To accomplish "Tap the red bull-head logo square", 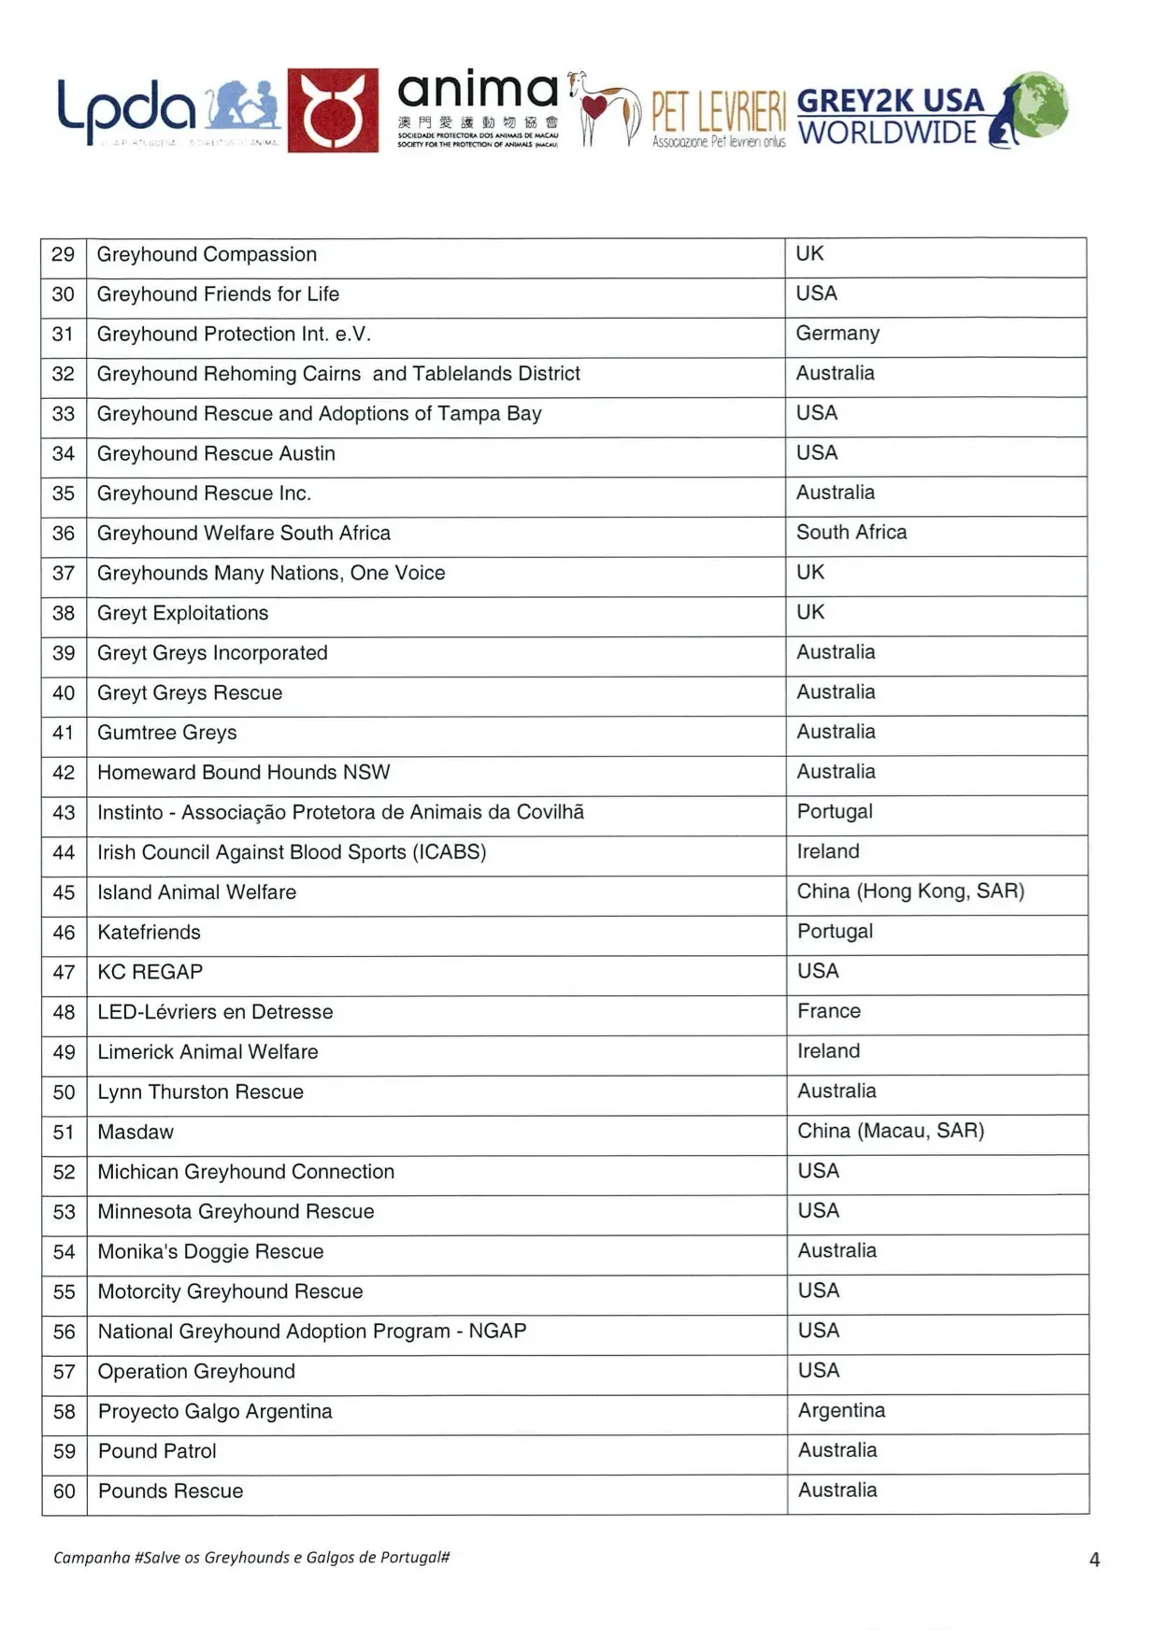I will click(x=333, y=110).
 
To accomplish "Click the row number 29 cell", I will click(x=64, y=254).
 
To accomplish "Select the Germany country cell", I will click(x=837, y=334).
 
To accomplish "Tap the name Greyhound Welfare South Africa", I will click(x=244, y=534).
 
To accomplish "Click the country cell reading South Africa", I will click(x=851, y=533).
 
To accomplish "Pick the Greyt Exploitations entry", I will click(x=183, y=613).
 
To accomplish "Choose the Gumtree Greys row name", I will click(x=167, y=733).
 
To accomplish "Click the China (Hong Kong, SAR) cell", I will click(x=910, y=891).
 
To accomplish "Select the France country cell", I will click(x=829, y=1011).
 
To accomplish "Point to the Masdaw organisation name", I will click(x=136, y=1132).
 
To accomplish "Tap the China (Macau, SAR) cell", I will click(x=891, y=1131).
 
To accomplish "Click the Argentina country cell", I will click(x=841, y=1410).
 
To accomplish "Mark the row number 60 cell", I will click(x=64, y=1491).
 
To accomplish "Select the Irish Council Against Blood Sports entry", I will click(x=292, y=852).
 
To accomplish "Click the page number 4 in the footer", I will click(x=1095, y=1560).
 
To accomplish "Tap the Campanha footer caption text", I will click(x=251, y=1558).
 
